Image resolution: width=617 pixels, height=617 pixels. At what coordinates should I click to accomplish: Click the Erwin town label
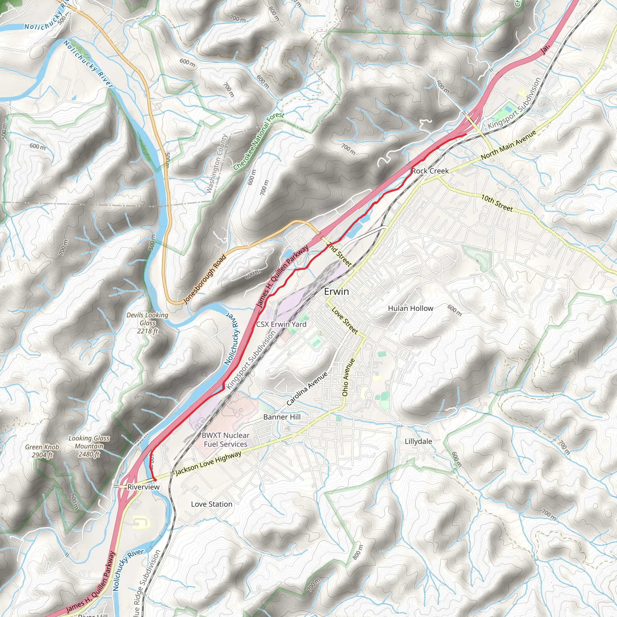pos(336,291)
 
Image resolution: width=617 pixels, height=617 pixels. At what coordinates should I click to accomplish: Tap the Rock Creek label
pos(430,171)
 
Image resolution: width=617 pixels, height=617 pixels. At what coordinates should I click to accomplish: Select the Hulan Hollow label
pos(410,308)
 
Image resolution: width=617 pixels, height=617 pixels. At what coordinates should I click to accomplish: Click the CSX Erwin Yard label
pos(281,324)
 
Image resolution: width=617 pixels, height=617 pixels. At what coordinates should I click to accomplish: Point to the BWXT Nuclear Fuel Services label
pos(225,440)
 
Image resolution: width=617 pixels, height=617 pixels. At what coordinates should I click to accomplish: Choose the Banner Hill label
pos(282,417)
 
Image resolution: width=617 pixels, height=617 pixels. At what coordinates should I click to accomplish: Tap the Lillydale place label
pos(418,441)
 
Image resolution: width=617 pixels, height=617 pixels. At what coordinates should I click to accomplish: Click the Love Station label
pos(211,504)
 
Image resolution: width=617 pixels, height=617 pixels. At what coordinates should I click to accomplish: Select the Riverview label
pos(143,487)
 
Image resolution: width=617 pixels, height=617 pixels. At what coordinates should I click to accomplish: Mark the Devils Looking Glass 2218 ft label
pos(147,323)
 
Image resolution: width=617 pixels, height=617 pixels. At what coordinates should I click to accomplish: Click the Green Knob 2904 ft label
pos(42,451)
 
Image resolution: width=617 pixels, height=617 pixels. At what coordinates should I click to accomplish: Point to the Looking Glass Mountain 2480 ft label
pos(89,446)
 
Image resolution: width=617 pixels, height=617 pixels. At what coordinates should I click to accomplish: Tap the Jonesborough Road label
pos(205,278)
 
